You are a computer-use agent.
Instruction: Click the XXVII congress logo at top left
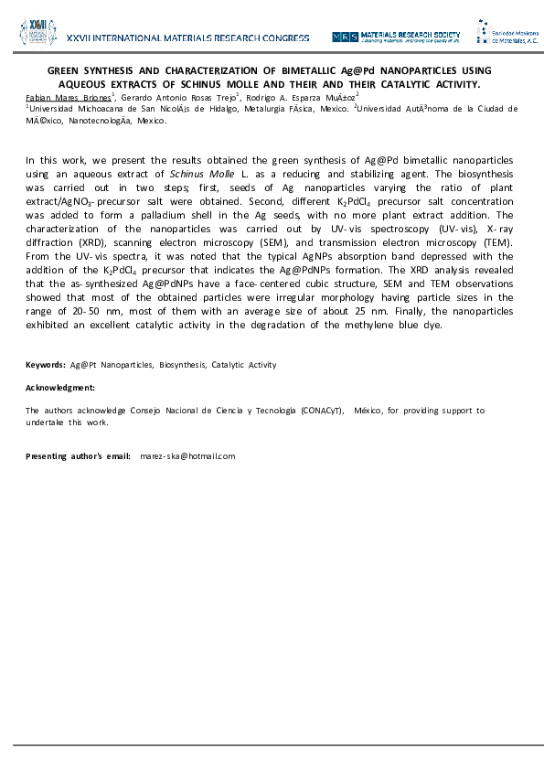[x=37, y=35]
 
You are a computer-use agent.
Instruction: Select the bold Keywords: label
[x=45, y=365]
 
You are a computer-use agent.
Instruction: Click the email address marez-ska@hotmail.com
[x=187, y=455]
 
